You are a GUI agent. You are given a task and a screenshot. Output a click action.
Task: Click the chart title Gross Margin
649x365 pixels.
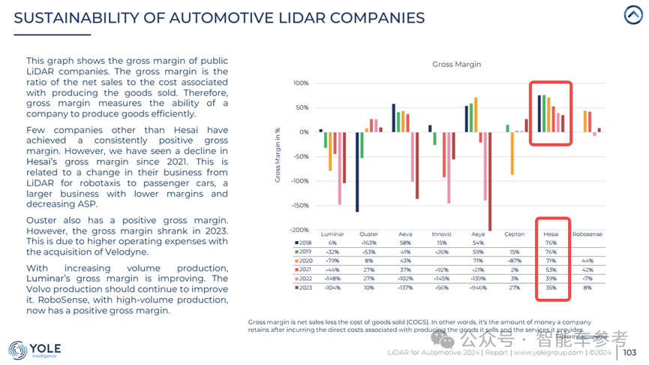pos(456,65)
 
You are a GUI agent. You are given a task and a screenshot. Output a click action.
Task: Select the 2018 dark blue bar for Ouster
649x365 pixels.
pos(357,172)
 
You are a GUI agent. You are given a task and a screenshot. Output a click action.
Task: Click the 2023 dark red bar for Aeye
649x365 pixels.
pos(489,180)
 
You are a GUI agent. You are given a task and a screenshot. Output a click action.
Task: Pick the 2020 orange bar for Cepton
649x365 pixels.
pos(512,153)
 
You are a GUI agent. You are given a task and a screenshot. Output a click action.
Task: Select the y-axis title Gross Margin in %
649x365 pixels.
pos(277,155)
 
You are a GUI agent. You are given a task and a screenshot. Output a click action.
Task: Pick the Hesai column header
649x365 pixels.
pos(551,234)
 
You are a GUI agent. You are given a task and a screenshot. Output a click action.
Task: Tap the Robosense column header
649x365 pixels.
pos(587,234)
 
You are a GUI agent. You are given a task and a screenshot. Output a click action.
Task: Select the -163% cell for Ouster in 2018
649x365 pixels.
pos(368,243)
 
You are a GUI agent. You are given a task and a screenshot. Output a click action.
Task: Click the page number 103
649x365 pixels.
pos(629,352)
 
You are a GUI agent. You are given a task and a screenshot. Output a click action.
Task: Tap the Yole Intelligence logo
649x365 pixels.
pos(35,350)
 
